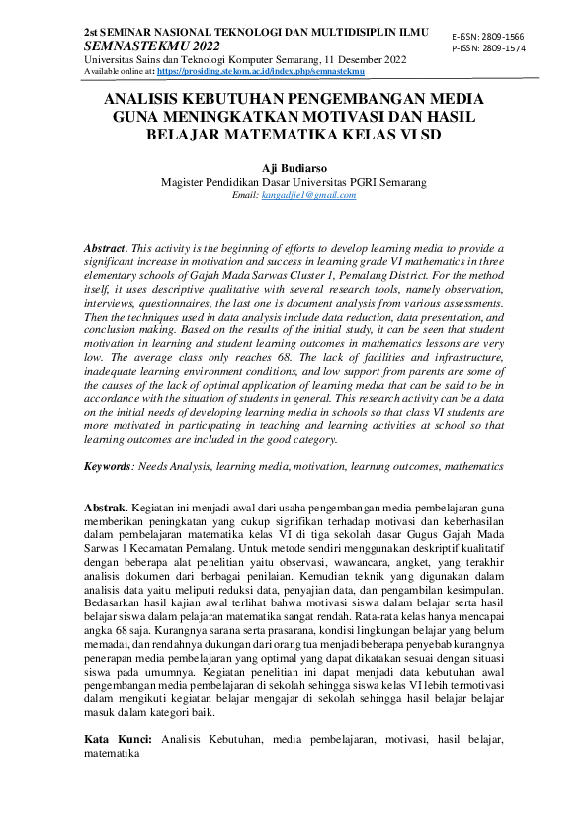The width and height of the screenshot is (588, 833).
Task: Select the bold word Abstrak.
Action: point(106,506)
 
